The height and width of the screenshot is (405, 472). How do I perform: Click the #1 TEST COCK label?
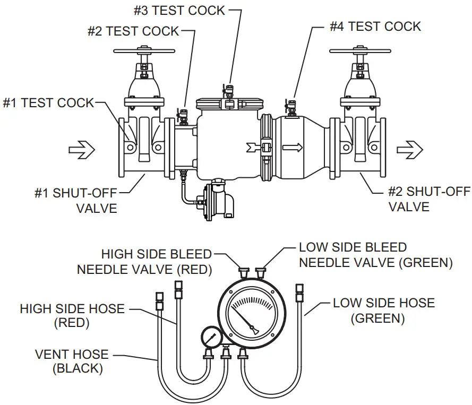coord(48,102)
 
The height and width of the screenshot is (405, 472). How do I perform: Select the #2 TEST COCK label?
coord(133,31)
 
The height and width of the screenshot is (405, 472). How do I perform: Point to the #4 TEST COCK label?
coord(375,26)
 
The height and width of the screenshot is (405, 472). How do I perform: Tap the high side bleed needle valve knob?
coord(244,272)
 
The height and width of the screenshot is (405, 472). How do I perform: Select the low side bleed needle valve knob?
coord(260,272)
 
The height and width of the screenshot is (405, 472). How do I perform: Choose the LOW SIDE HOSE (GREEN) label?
coord(383,310)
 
